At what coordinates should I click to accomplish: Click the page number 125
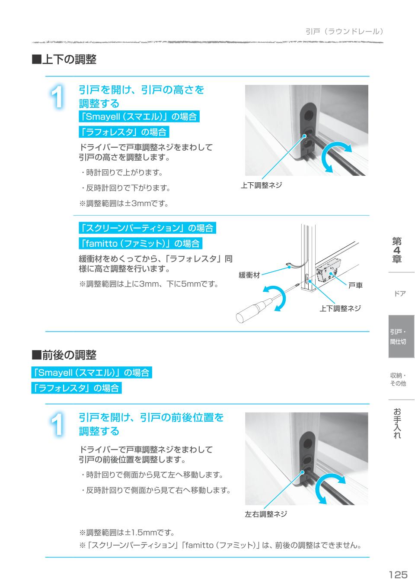pos(398,575)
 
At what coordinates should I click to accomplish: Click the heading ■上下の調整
pos(64,59)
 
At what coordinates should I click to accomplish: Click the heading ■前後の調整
pos(64,355)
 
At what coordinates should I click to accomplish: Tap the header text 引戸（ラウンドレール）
pos(344,32)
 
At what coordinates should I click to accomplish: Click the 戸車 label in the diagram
pos(355,285)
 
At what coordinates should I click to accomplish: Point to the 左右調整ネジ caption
pos(266,514)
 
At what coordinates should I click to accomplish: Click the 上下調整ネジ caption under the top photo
pos(261,185)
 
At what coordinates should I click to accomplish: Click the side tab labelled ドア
pos(400,294)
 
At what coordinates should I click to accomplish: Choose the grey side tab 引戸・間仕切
pos(401,336)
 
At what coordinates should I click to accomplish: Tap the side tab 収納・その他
pos(398,379)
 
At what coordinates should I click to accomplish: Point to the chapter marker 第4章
pos(397,250)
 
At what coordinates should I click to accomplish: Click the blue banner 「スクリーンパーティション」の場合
pos(147,228)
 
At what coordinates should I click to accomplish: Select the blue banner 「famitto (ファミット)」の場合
pos(140,243)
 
